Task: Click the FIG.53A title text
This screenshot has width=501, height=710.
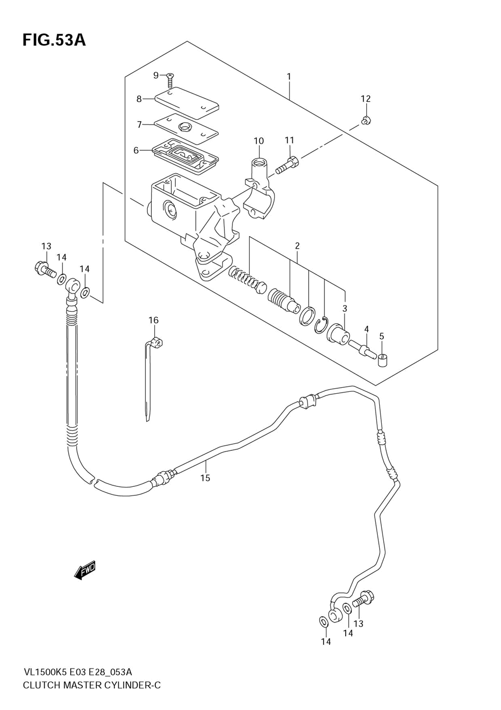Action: coord(54,41)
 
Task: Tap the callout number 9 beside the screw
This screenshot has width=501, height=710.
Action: coord(156,75)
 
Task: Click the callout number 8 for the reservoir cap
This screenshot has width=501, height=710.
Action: coord(139,99)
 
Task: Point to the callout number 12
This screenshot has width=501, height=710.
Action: coord(366,99)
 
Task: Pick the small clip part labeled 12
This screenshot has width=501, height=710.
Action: coord(366,121)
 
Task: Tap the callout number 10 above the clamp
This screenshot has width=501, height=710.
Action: coord(259,141)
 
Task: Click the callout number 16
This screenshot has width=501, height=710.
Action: coord(154,320)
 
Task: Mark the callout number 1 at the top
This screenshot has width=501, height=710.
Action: coord(289,77)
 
